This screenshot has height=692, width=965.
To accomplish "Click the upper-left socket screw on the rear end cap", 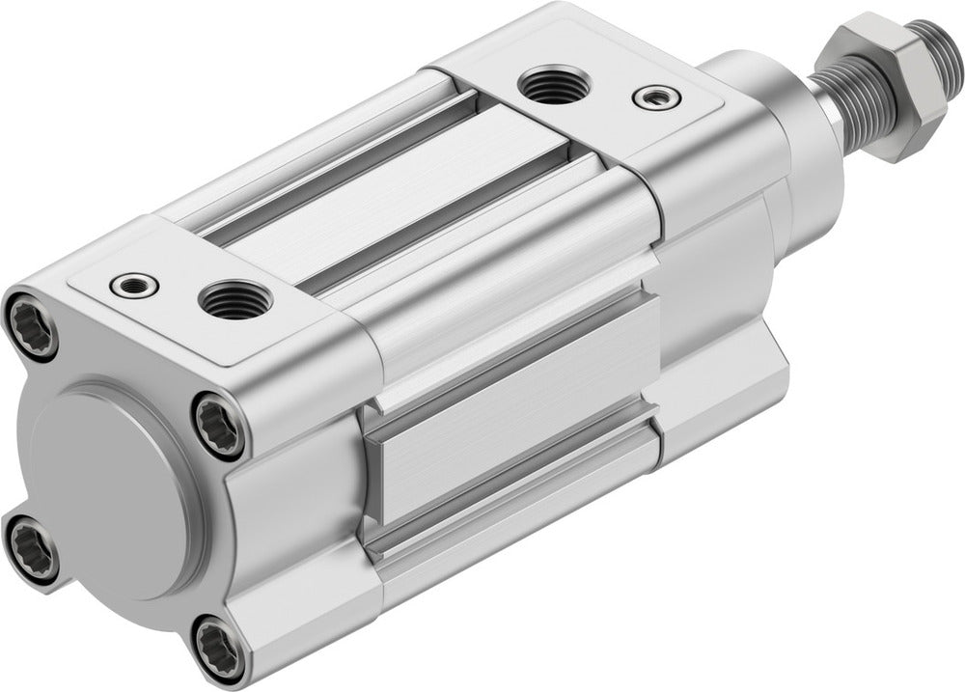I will click(x=31, y=325).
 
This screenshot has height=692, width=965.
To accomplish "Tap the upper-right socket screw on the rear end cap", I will click(x=221, y=426).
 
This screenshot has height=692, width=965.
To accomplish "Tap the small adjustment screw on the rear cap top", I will click(x=134, y=286).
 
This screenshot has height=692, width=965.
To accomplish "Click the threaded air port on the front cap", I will click(x=553, y=85).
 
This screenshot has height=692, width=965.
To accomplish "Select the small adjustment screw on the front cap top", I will click(x=655, y=97).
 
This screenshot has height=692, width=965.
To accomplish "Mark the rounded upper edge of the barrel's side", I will click(x=502, y=280).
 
